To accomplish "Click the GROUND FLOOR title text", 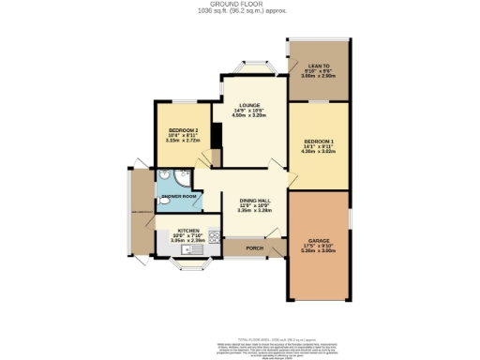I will [240, 4].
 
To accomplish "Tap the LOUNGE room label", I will [248, 105].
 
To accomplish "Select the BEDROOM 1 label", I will [318, 141].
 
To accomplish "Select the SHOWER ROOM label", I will [177, 196].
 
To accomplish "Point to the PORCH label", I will [253, 248].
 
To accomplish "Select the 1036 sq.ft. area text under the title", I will [240, 11].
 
